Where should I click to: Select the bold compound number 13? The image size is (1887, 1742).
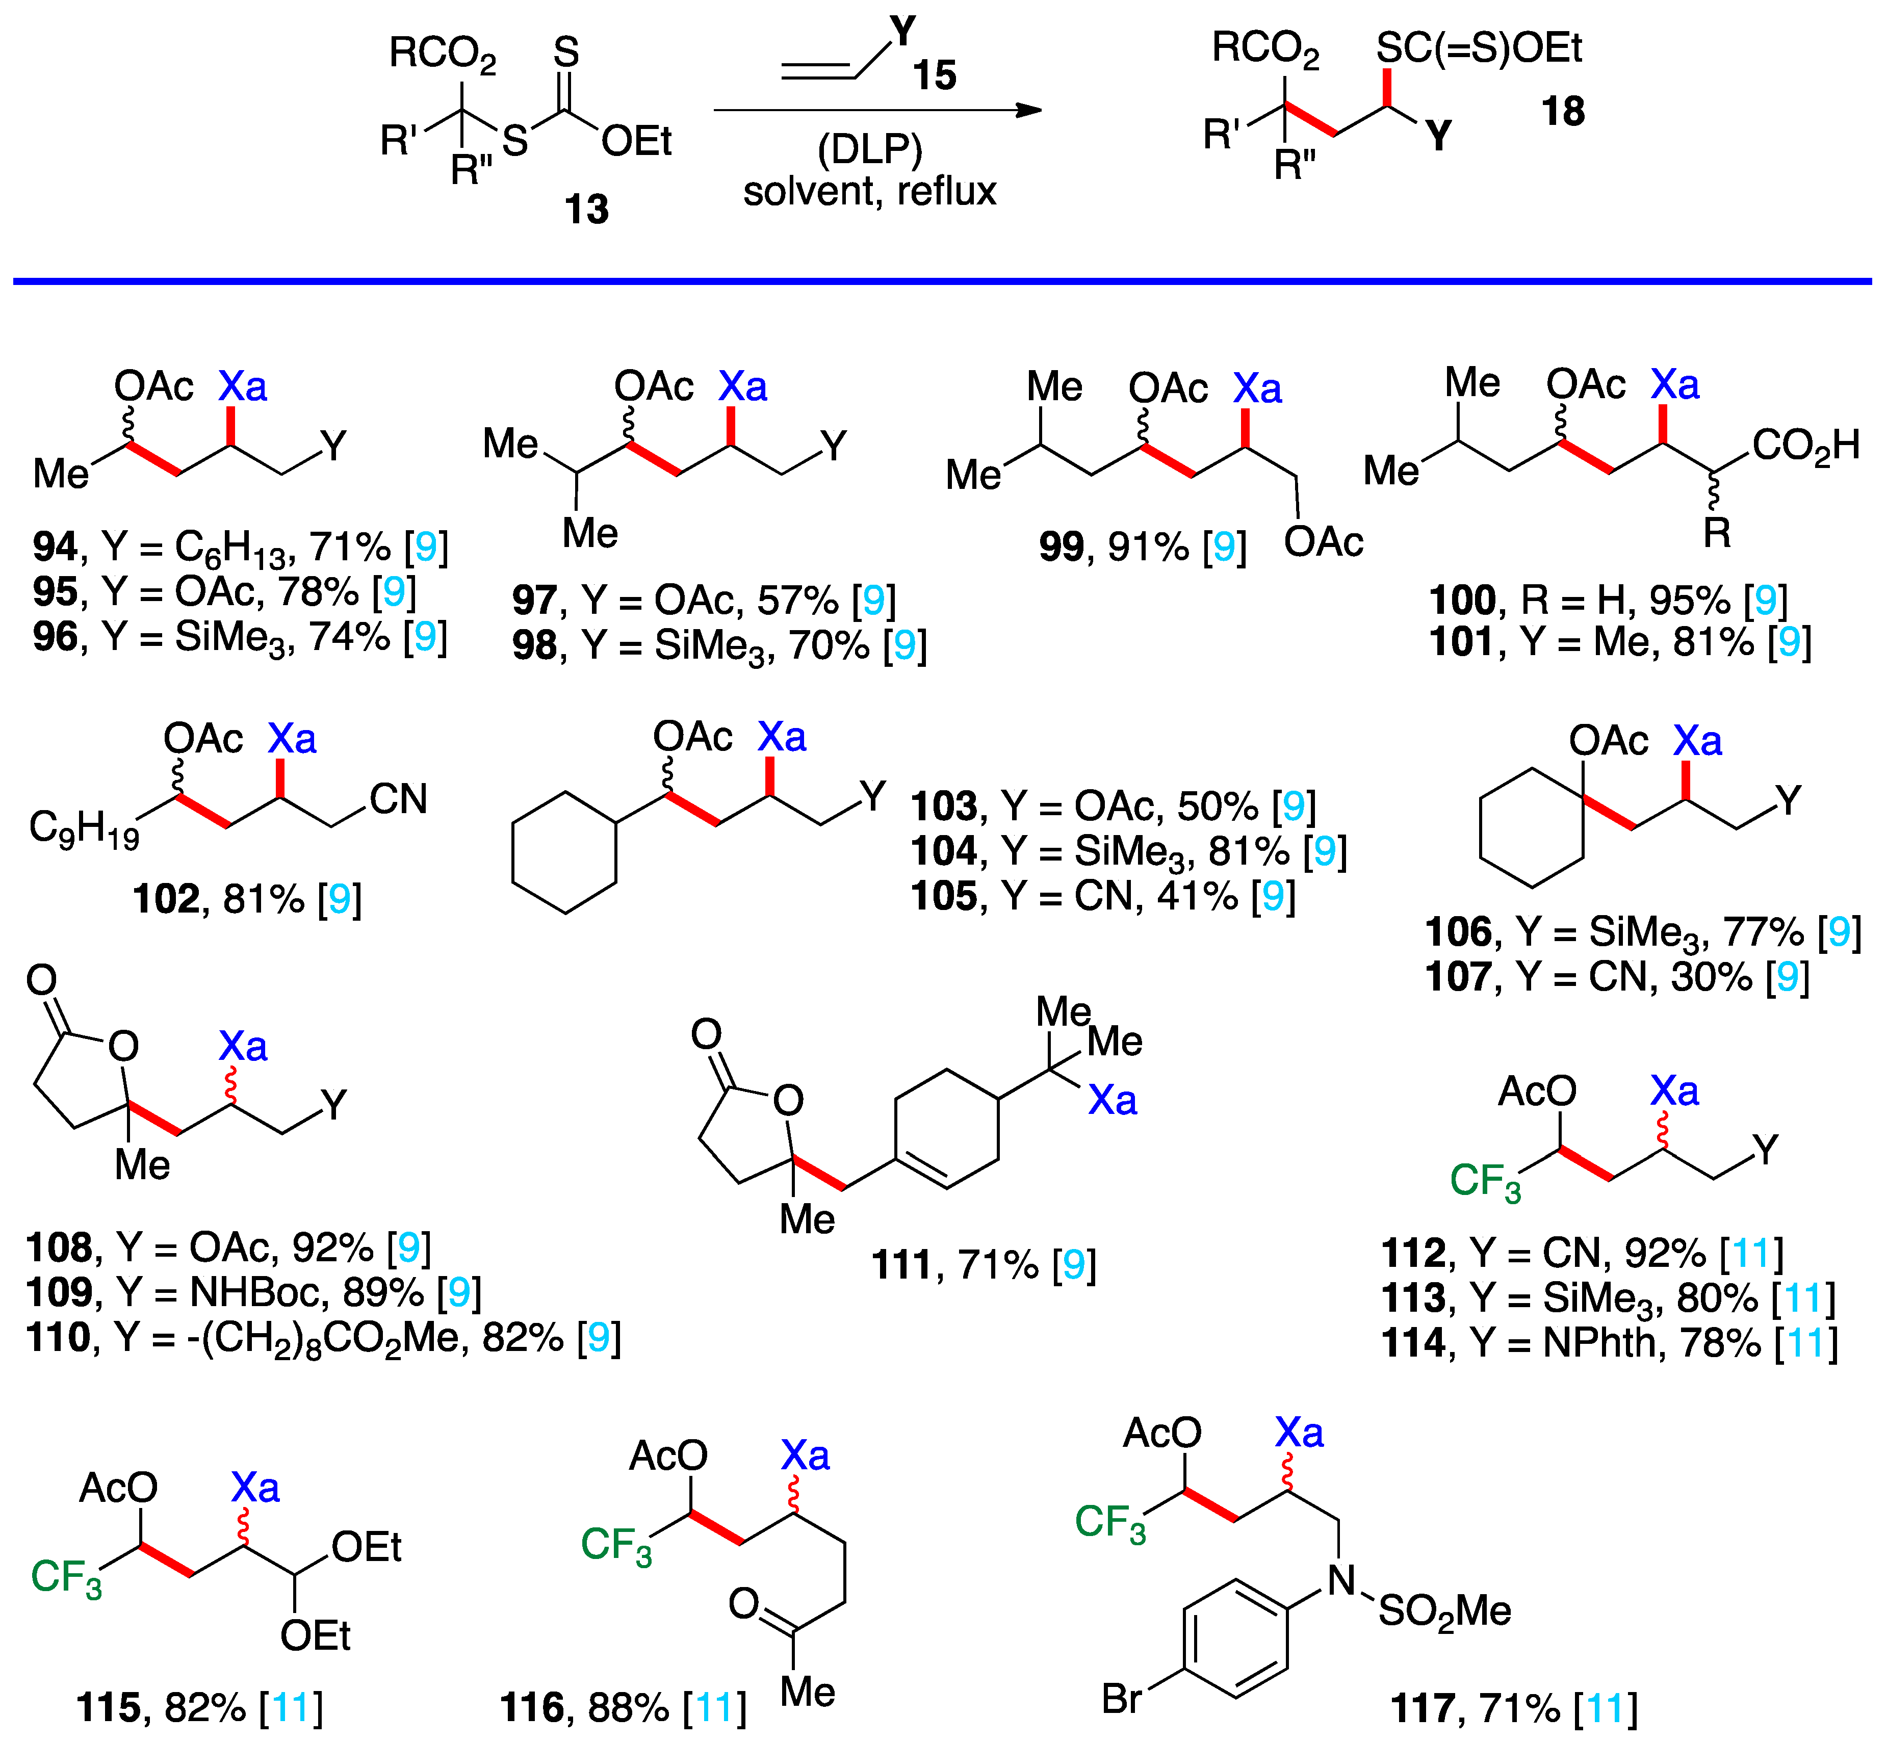tap(586, 209)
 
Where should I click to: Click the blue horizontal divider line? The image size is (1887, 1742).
tap(943, 281)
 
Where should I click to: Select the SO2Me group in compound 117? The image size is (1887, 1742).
tap(1444, 1612)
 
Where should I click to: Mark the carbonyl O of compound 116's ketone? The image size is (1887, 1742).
tap(744, 1602)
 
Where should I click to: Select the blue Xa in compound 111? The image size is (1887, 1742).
tap(1112, 1100)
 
